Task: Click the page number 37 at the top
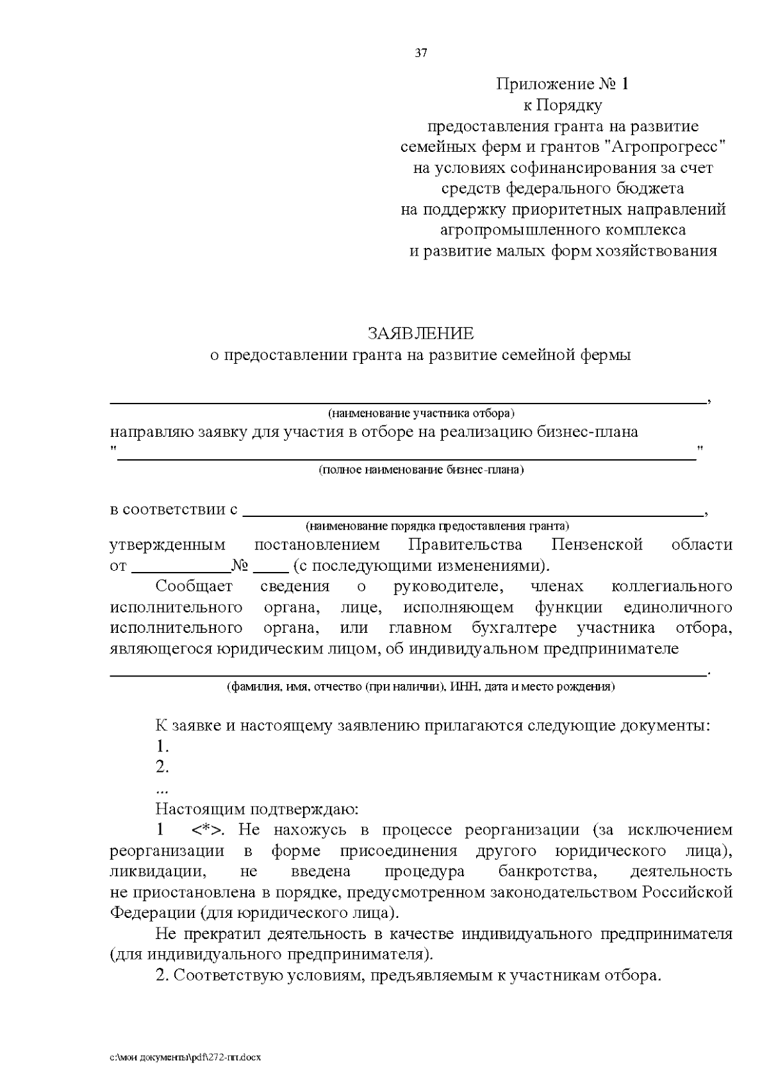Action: pyautogui.click(x=421, y=53)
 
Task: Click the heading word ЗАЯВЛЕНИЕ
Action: pyautogui.click(x=420, y=334)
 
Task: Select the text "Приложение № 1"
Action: pyautogui.click(x=563, y=85)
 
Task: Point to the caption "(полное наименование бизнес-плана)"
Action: pyautogui.click(x=421, y=470)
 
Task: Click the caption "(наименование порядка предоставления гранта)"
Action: pyautogui.click(x=438, y=527)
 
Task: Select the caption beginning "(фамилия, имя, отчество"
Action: pyautogui.click(x=421, y=687)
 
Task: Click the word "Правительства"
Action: pyautogui.click(x=465, y=545)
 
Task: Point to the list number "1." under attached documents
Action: pyautogui.click(x=162, y=746)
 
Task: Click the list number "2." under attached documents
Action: pyautogui.click(x=162, y=767)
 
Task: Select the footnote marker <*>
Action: pyautogui.click(x=207, y=830)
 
